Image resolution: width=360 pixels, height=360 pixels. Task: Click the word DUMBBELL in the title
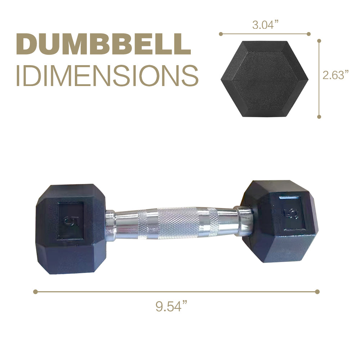(103, 44)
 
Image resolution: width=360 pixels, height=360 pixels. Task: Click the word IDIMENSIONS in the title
(107, 76)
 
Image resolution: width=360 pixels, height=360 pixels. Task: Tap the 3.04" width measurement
(265, 25)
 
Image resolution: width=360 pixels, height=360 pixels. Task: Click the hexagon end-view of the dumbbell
(264, 79)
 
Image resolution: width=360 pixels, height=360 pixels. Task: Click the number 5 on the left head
(69, 220)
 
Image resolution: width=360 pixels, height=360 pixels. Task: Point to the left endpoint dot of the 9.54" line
(35, 292)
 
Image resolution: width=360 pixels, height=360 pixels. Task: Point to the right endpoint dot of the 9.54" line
(317, 292)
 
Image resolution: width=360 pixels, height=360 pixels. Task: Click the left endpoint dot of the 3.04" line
(221, 34)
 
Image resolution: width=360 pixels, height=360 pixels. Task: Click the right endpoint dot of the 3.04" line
(309, 34)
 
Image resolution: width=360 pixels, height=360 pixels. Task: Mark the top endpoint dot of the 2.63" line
(319, 41)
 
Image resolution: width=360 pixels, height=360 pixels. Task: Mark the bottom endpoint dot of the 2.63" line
(319, 117)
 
